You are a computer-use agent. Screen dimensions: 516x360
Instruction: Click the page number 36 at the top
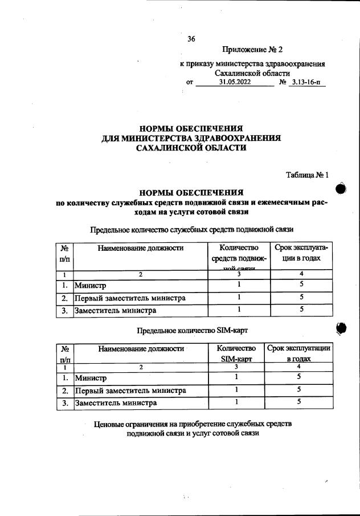tap(191, 39)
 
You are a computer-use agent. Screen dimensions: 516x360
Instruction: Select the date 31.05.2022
tap(235, 83)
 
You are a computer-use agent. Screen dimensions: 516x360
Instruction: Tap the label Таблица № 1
tap(308, 175)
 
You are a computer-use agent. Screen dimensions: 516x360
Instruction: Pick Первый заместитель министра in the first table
tap(131, 298)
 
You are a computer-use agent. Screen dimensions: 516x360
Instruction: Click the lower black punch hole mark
tap(342, 328)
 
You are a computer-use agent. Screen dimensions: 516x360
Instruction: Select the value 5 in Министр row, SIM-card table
tap(298, 377)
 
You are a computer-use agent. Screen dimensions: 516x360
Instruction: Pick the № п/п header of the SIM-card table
tap(65, 354)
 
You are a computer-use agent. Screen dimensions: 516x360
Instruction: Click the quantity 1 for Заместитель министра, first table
tap(239, 310)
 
